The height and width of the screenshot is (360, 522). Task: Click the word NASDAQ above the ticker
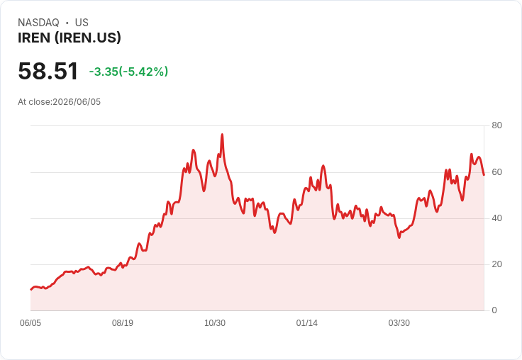point(38,23)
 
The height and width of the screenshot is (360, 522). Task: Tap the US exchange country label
point(82,23)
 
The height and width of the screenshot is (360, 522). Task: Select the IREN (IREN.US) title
point(70,38)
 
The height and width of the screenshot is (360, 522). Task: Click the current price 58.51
point(48,71)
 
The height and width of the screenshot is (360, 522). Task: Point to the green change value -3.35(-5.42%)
point(128,72)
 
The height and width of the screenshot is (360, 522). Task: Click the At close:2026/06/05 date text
point(60,102)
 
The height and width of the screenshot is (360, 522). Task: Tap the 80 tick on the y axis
point(496,125)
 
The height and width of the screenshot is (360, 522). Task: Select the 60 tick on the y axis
point(496,172)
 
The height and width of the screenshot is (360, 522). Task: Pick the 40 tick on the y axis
point(496,218)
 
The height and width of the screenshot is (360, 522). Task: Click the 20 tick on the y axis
point(496,264)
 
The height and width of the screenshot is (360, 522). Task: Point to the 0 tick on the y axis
point(494,310)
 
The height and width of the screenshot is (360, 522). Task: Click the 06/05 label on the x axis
point(30,323)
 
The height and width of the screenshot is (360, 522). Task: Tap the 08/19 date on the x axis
point(123,323)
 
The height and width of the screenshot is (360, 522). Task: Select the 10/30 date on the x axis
point(215,323)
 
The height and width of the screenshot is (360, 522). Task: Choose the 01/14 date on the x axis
point(307,323)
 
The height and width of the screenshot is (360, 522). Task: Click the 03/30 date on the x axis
point(399,323)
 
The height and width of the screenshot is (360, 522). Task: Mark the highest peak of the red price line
point(222,135)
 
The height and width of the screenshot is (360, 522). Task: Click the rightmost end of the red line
point(484,175)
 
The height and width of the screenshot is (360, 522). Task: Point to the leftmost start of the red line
point(31,290)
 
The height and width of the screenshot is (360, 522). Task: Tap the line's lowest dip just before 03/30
point(399,237)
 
